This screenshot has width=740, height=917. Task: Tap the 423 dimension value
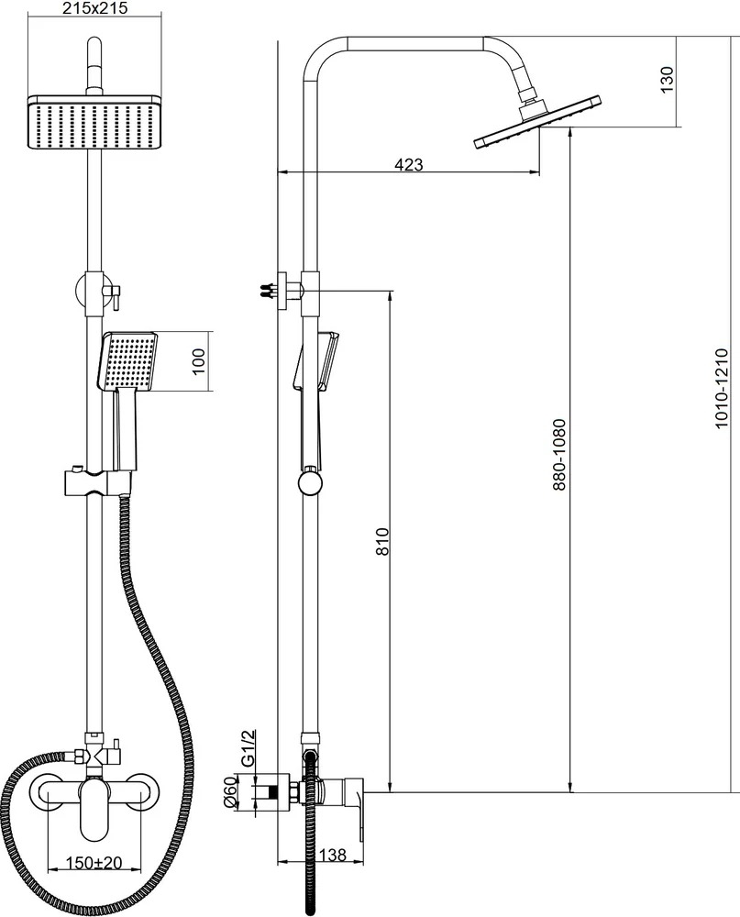pos(408,164)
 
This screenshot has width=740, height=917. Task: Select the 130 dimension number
pos(667,79)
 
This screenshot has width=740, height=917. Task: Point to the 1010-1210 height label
pos(722,388)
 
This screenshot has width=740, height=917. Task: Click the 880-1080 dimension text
pos(559,455)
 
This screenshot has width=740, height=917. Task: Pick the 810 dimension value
pos(382,542)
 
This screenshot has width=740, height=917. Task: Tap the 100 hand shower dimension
pos(199,361)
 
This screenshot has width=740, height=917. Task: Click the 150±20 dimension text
pos(94,863)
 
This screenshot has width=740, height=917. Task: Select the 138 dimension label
pos(333,855)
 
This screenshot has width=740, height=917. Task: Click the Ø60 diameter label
pos(229,792)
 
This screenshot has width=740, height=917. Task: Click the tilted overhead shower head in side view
pos(536,124)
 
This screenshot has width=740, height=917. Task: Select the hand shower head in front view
pos(128,360)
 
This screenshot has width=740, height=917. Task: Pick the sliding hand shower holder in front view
pos(97,482)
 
